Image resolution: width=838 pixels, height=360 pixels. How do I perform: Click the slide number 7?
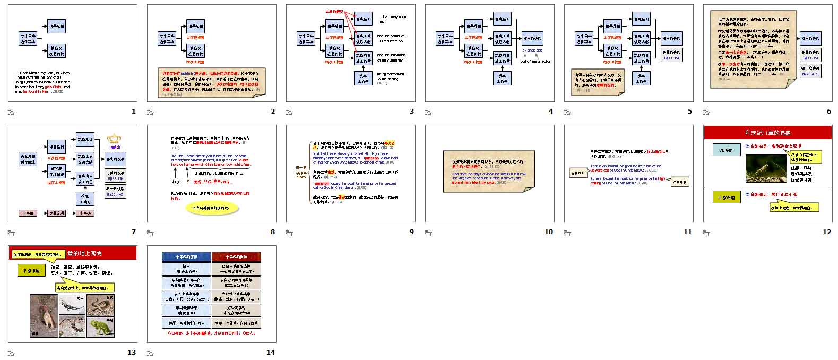point(134,232)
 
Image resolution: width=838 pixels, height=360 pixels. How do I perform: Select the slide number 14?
point(271,353)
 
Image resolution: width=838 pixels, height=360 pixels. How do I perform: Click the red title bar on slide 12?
point(768,132)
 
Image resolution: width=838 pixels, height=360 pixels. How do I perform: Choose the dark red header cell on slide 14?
point(236,256)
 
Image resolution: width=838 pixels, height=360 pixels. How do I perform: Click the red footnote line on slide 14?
point(211,333)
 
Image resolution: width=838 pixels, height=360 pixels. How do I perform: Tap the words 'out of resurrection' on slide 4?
point(535,61)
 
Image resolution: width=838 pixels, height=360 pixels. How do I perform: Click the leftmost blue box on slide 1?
point(28,38)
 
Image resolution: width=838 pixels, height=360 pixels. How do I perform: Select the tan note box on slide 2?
point(212,82)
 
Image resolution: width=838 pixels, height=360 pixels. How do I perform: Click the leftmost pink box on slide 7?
point(29,213)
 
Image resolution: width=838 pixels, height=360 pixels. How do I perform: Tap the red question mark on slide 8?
point(188,182)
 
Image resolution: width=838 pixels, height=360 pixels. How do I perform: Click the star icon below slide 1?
point(11,112)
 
